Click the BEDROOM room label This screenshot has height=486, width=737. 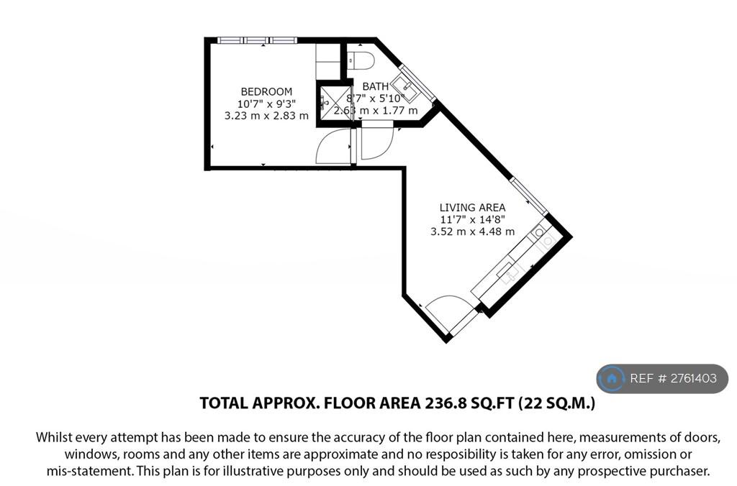tap(266, 91)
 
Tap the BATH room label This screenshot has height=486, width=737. tap(376, 86)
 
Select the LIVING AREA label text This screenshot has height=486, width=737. tap(472, 207)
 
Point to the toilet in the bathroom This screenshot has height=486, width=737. tap(361, 60)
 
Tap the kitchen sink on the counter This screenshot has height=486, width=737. tap(507, 272)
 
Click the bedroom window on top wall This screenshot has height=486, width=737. tap(257, 40)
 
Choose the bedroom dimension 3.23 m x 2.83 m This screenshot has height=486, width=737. tap(266, 116)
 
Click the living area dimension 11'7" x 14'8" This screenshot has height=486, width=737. tap(472, 219)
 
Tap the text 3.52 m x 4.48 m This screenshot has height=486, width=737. tap(472, 231)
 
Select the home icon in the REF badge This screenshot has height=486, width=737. tap(612, 378)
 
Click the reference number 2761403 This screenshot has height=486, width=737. tap(693, 378)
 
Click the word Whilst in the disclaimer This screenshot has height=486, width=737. tap(52, 437)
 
